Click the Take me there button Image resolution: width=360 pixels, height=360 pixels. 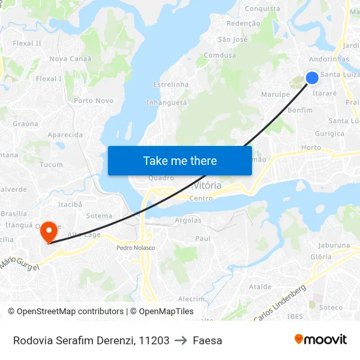click(180, 160)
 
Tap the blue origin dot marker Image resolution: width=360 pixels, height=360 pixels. click(312, 78)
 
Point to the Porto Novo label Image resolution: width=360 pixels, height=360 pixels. click(94, 101)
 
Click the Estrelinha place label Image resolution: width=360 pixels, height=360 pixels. click(170, 84)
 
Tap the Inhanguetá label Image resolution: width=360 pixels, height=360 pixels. click(166, 103)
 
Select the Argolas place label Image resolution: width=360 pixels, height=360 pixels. click(189, 220)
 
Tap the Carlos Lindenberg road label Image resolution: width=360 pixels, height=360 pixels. click(279, 303)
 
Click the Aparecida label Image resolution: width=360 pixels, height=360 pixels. click(65, 135)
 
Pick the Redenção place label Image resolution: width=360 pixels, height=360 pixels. click(242, 23)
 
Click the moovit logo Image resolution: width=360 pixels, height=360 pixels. click(321, 340)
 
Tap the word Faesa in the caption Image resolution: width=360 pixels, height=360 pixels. click(207, 340)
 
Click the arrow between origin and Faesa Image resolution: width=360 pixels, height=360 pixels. click(181, 340)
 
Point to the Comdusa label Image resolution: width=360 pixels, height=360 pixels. click(219, 56)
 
